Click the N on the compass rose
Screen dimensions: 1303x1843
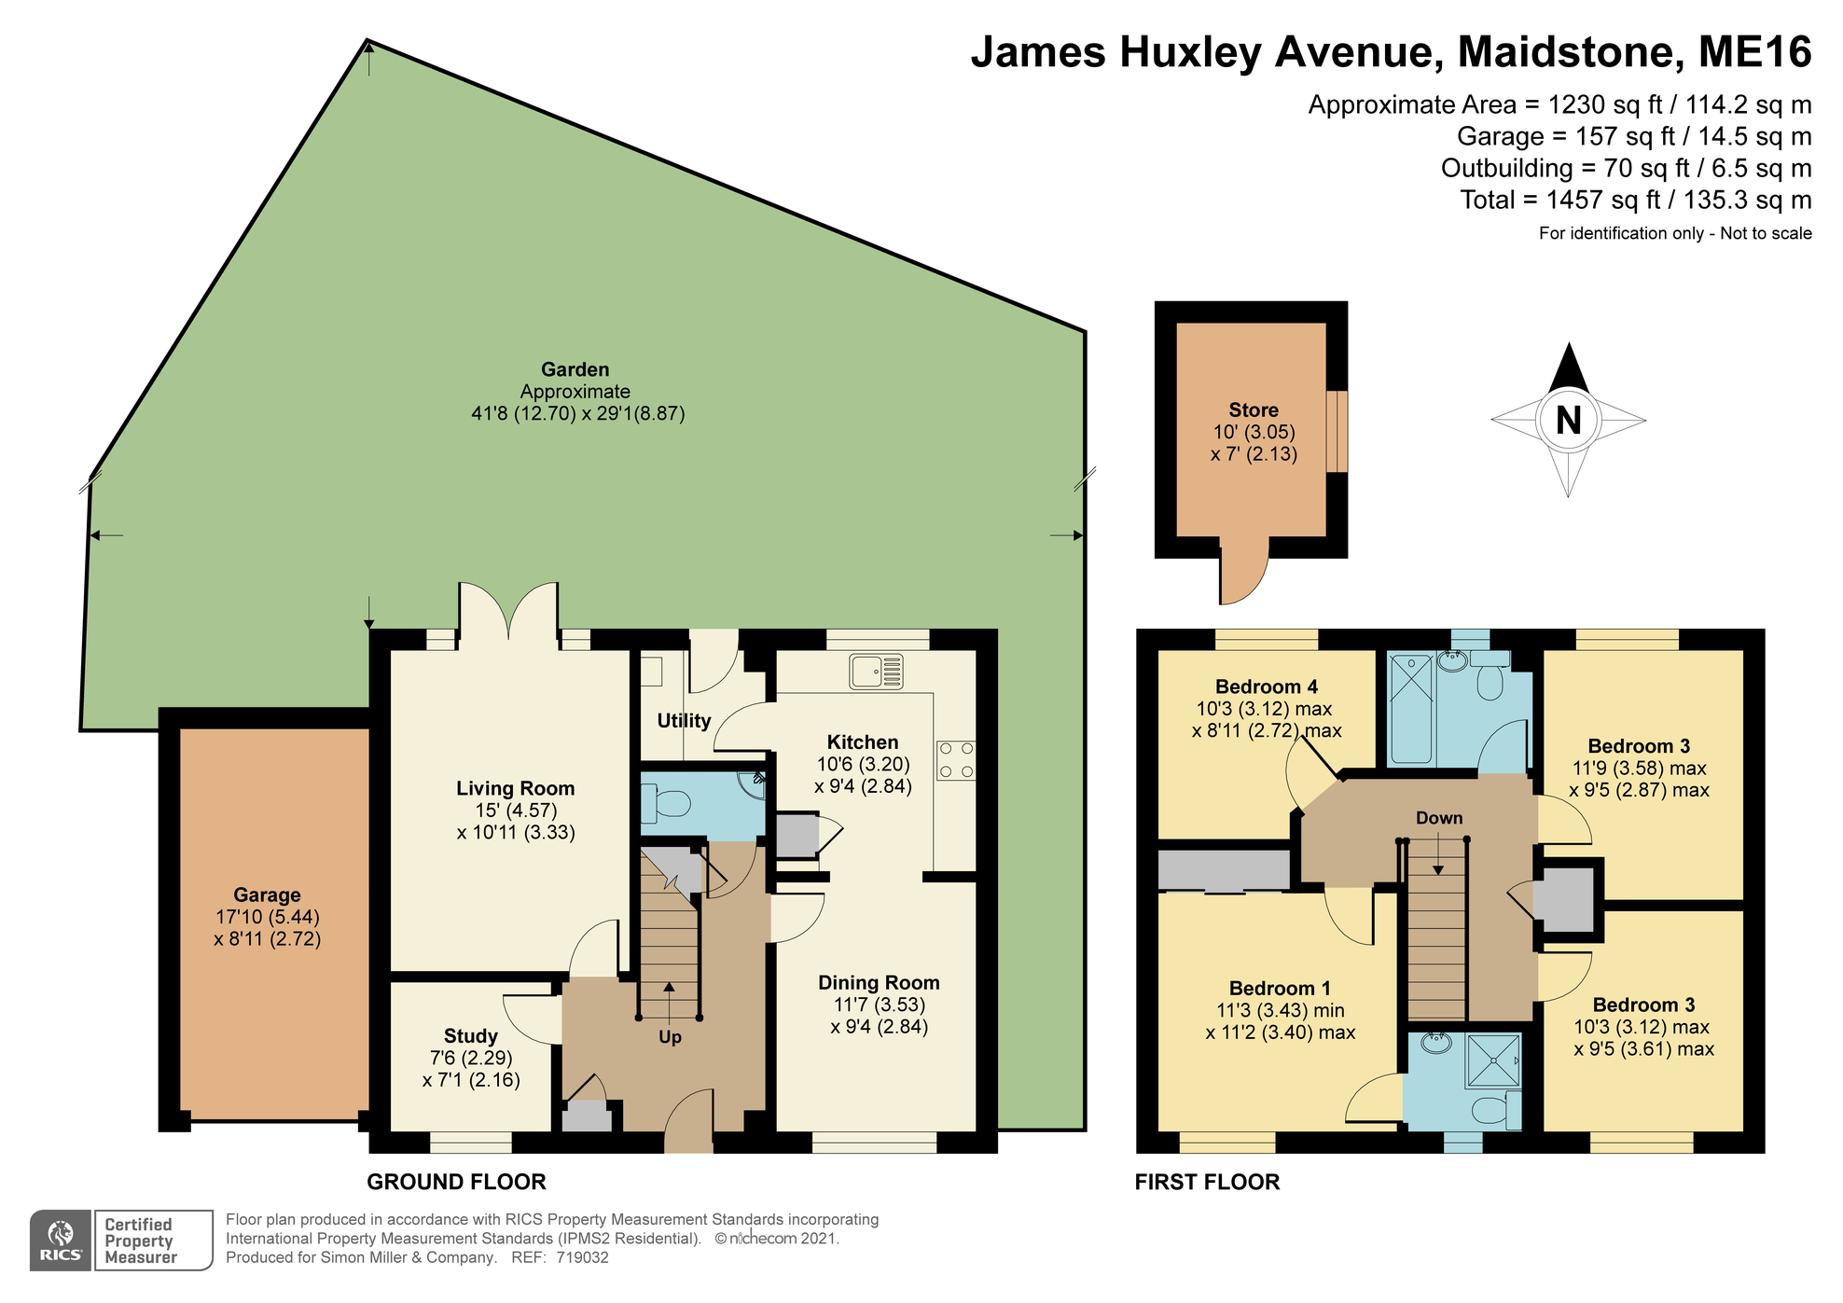pos(1568,421)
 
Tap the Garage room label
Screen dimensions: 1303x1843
pos(267,894)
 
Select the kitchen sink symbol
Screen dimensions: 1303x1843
pos(876,672)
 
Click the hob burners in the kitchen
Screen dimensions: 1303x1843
pos(955,760)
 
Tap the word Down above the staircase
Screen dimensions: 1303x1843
pos(1438,818)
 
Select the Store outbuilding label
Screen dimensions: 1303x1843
pos(1253,410)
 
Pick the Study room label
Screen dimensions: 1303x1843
pos(470,1036)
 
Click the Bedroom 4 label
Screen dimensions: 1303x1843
pos(1266,686)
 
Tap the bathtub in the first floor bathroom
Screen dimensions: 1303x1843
pos(1411,709)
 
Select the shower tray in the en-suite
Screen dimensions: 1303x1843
pos(1492,1060)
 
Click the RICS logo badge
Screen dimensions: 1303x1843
pos(61,1241)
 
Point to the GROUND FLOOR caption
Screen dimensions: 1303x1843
pos(456,1182)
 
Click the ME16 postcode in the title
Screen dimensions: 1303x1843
pos(1753,52)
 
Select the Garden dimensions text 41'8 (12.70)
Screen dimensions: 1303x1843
pos(523,413)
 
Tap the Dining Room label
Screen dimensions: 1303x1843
pos(879,982)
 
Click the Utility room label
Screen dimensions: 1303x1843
pos(684,720)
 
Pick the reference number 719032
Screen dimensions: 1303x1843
pos(582,1257)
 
